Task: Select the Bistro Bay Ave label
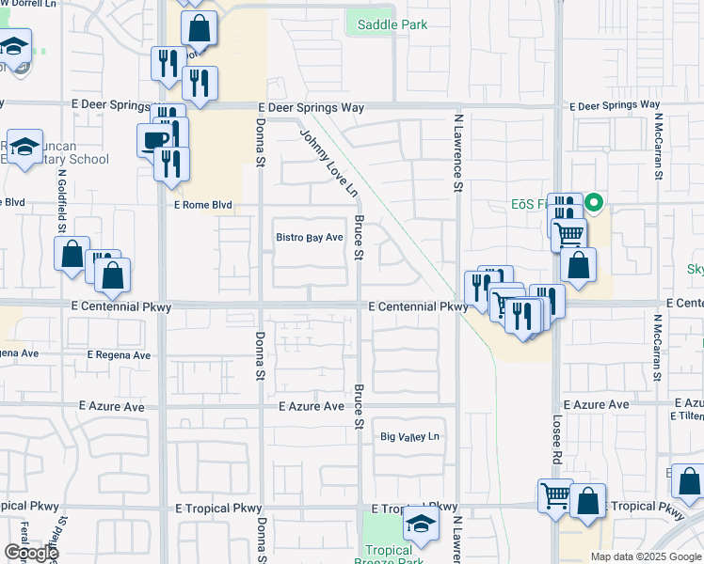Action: coord(309,238)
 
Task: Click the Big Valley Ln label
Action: coord(409,437)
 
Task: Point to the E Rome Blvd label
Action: coord(202,204)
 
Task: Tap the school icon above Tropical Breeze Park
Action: coord(421,523)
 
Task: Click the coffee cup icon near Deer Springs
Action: coord(153,141)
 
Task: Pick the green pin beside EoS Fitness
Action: coord(594,202)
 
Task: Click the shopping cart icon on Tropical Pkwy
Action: coord(554,494)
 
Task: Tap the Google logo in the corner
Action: coord(31,553)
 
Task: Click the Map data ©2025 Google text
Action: coord(646,556)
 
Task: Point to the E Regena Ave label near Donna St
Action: coord(119,355)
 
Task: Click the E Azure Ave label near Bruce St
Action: coord(312,406)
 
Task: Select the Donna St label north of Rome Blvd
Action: coord(261,141)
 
